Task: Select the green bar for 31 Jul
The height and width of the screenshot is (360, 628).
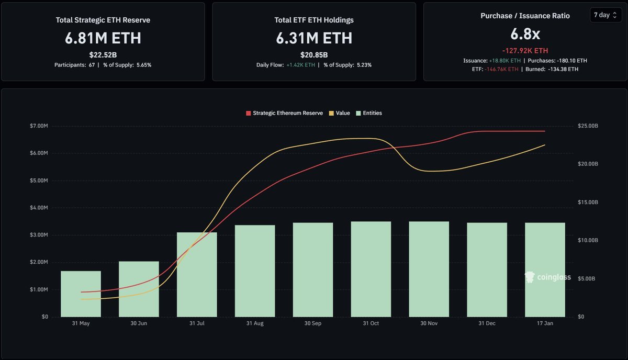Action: (x=197, y=274)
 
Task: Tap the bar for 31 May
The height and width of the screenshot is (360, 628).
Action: (x=81, y=294)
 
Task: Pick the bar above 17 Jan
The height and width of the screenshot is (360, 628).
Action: (x=545, y=269)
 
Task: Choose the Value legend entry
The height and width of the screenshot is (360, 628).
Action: (x=340, y=113)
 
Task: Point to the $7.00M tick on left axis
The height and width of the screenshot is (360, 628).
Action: (x=40, y=126)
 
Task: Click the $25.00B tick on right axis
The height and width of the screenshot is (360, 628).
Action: (x=588, y=126)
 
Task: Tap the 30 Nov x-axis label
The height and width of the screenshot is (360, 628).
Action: (x=429, y=324)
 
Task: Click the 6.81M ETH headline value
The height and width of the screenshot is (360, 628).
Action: (x=103, y=38)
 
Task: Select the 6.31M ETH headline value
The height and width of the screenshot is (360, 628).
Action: (x=314, y=38)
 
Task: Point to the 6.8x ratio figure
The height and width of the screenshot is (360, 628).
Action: (x=525, y=35)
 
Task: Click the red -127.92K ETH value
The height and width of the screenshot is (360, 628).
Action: (x=525, y=51)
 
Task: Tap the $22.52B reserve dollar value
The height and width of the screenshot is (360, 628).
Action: (x=103, y=54)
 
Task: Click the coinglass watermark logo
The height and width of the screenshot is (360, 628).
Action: (x=547, y=278)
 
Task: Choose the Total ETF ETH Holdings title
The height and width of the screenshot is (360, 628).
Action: (x=314, y=20)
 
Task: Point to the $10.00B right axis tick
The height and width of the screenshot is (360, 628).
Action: (x=588, y=240)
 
